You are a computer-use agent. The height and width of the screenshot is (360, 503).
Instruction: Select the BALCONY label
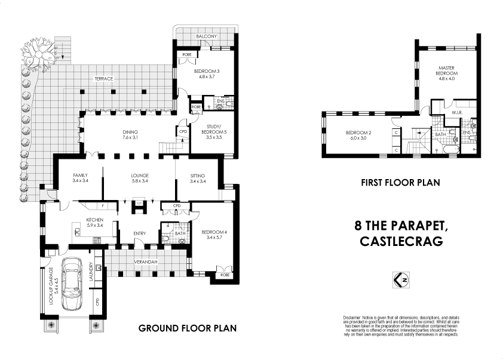tap(206, 37)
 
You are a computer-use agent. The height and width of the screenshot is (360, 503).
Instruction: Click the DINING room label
tap(131, 132)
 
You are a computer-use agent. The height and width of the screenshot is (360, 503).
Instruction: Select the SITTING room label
tap(197, 176)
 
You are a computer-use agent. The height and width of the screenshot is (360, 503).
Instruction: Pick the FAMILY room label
tap(80, 176)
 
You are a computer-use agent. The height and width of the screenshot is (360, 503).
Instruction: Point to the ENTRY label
tap(139, 241)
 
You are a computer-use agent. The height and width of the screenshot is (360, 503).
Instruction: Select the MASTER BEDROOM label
tap(446, 70)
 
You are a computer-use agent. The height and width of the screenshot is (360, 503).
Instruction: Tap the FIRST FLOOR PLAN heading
tap(400, 183)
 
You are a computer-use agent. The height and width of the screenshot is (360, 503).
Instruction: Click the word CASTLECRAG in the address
tap(401, 241)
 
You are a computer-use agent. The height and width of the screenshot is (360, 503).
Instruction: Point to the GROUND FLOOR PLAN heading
tap(188, 328)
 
